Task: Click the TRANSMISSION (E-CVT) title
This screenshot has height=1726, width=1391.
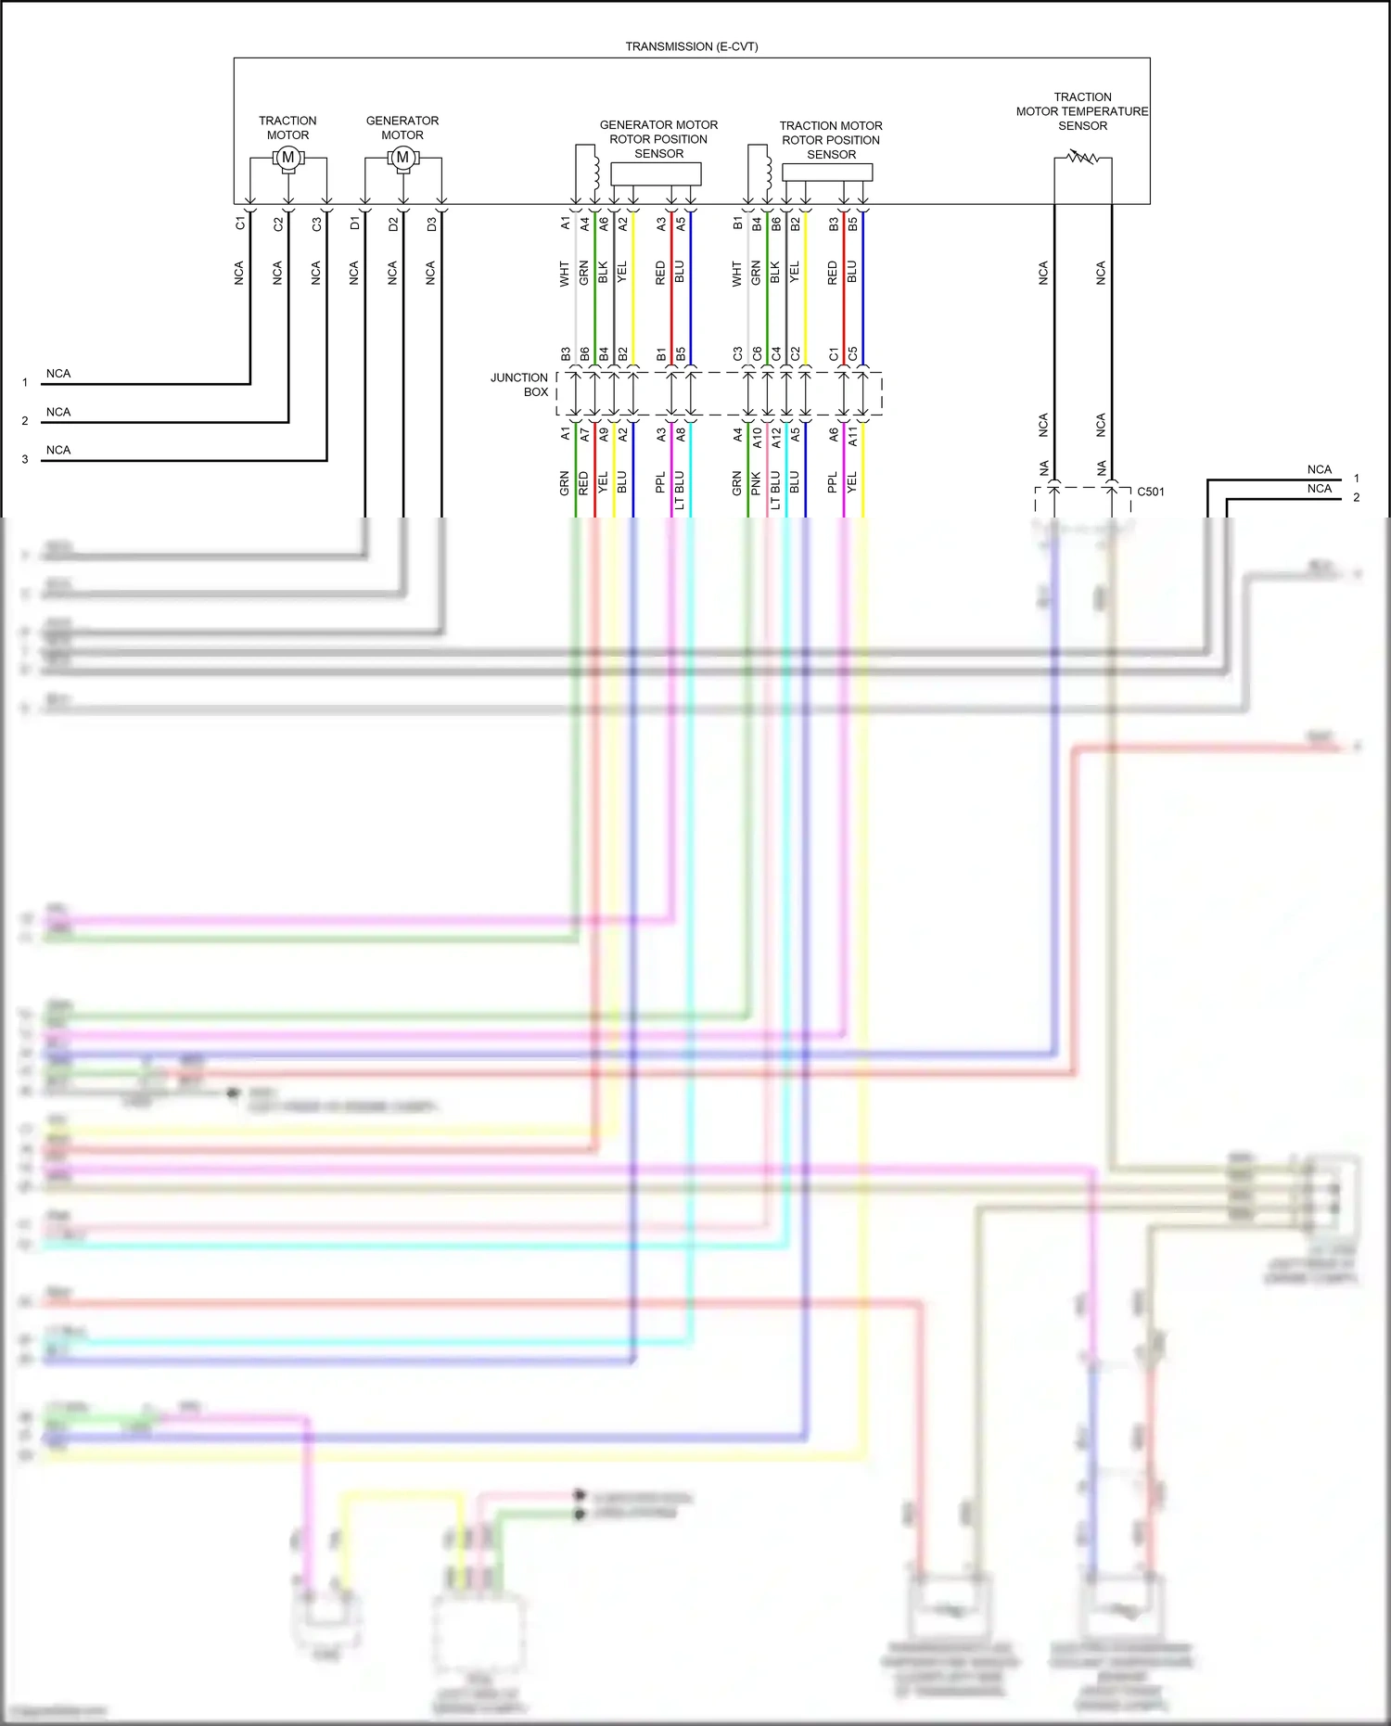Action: tap(691, 46)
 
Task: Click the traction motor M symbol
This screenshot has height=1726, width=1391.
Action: tap(288, 158)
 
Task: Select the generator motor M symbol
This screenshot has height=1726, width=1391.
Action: tap(402, 158)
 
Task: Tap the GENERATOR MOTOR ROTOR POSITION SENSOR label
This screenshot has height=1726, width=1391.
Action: tap(658, 139)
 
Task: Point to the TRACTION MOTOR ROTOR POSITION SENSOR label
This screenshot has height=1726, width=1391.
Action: tap(831, 140)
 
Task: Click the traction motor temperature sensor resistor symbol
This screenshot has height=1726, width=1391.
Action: tap(1082, 158)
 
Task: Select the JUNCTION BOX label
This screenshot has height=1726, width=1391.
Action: tap(520, 385)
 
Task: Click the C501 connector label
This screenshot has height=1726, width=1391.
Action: tap(1151, 492)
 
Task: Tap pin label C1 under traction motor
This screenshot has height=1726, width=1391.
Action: tap(240, 224)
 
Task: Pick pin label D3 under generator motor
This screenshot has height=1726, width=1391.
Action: tap(431, 224)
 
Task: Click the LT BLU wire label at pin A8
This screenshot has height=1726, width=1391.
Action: tap(680, 490)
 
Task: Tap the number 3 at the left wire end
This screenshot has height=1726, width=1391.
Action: tap(25, 459)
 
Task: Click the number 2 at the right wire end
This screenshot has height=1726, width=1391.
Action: tap(1356, 498)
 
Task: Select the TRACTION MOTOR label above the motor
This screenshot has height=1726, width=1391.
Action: tap(287, 128)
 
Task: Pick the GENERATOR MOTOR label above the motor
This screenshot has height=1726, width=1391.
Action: tap(402, 128)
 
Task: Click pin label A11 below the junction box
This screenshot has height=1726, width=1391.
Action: tap(853, 437)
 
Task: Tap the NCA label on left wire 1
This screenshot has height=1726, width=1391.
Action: tap(58, 374)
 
